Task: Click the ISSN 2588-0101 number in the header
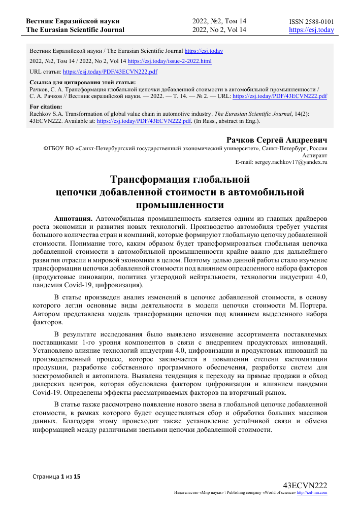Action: (x=311, y=21)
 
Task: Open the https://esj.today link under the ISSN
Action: (x=311, y=30)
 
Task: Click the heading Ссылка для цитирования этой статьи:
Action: (x=82, y=82)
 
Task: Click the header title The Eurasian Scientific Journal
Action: (x=75, y=30)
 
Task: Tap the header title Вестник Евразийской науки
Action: (x=73, y=21)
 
